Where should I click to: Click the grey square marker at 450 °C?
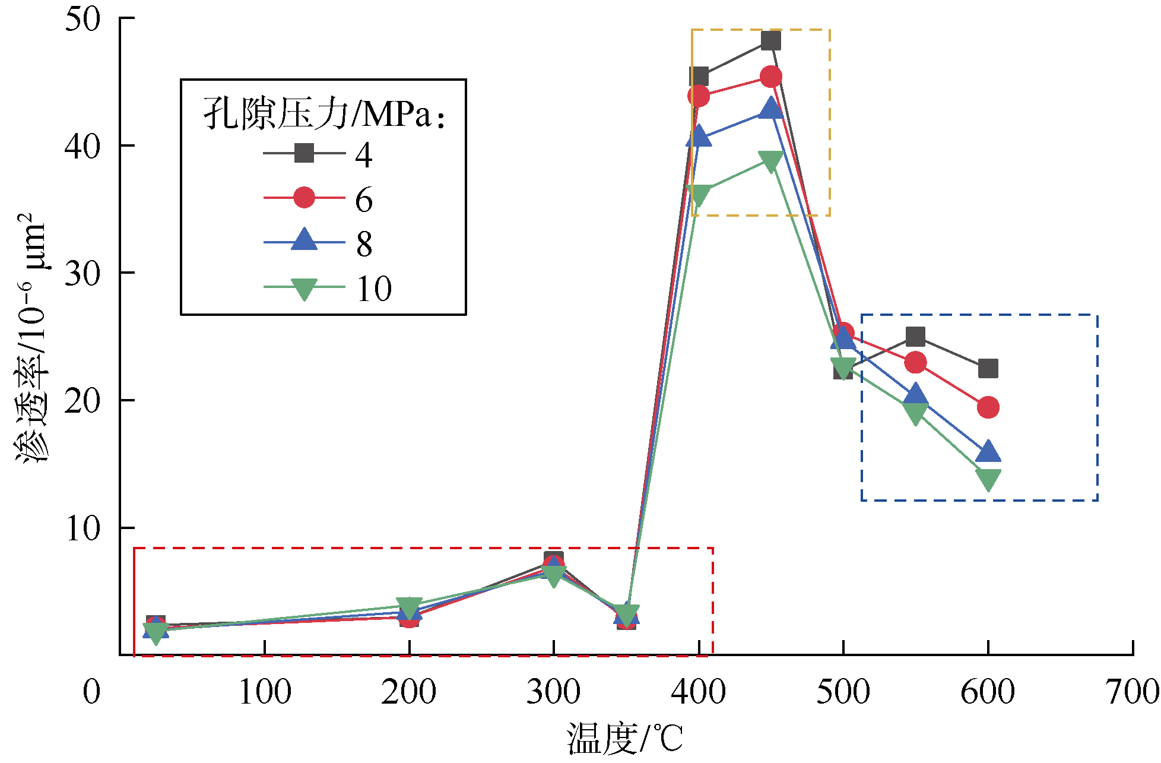(x=770, y=40)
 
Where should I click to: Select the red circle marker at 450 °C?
(x=770, y=77)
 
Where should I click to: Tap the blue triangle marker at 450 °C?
(x=770, y=109)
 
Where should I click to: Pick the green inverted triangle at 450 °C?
(x=770, y=161)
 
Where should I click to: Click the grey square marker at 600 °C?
(x=988, y=369)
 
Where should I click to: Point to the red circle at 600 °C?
(x=988, y=407)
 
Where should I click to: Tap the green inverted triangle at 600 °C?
(x=988, y=479)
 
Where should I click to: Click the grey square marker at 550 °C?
(x=915, y=337)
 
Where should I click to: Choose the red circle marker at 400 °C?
(x=699, y=96)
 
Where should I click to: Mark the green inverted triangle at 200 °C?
(x=409, y=607)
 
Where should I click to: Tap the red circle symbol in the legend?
(x=304, y=198)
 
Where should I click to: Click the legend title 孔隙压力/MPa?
(x=323, y=112)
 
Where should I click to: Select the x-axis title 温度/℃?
(x=624, y=738)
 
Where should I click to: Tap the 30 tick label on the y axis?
(x=83, y=273)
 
